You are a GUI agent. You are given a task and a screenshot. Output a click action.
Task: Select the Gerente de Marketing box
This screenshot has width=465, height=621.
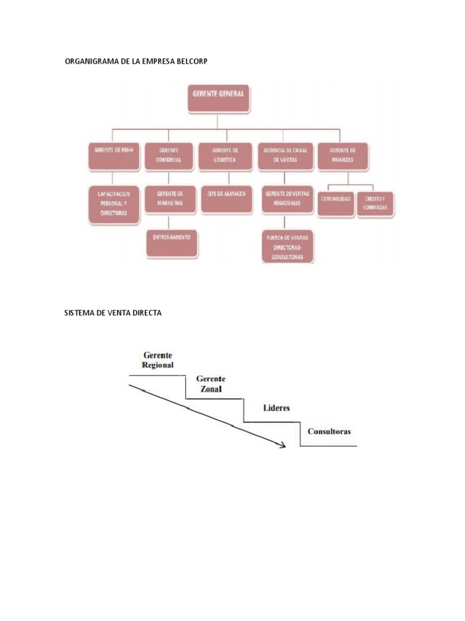tap(170, 199)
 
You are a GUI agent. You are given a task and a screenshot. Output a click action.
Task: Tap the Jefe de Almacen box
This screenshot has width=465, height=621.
tap(225, 199)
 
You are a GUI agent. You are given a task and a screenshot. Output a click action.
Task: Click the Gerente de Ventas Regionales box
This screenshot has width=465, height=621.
tap(287, 199)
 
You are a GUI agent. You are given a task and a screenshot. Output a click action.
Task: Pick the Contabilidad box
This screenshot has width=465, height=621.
tap(336, 204)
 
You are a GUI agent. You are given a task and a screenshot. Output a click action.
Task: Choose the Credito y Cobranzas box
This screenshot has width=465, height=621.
tap(375, 204)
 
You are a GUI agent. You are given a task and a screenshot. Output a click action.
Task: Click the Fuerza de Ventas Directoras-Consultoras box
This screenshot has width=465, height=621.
tap(288, 246)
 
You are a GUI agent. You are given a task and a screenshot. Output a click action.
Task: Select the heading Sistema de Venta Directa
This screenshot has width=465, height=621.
tap(113, 313)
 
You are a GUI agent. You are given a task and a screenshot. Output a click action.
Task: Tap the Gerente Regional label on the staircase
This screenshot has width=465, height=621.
tap(157, 360)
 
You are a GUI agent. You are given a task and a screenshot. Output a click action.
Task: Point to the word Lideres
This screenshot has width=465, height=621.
tap(276, 408)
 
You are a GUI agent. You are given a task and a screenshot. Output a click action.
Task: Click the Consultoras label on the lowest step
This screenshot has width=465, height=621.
tap(329, 432)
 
